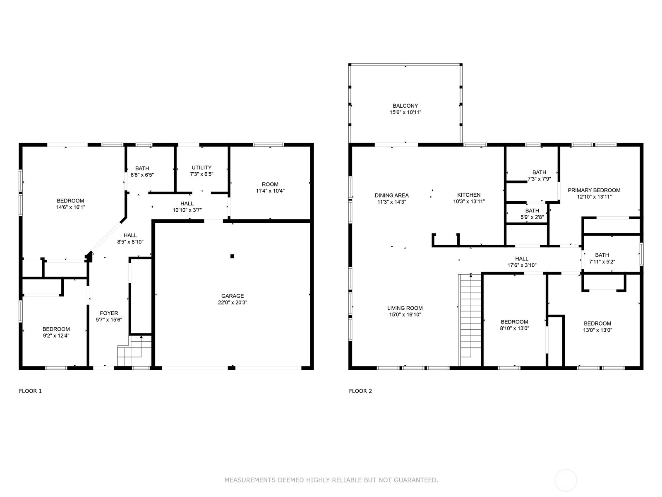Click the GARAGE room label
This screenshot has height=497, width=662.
[x=232, y=296]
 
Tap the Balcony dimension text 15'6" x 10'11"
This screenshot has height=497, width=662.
[x=405, y=112]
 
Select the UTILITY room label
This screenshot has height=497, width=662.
[x=201, y=167]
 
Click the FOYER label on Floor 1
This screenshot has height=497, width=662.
[x=109, y=313]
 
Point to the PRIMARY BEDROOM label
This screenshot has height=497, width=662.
[x=594, y=190]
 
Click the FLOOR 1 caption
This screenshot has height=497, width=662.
[x=30, y=391]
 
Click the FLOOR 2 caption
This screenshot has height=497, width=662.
[x=360, y=391]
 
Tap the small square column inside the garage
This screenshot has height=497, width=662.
[x=232, y=256]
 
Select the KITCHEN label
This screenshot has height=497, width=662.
[x=469, y=195]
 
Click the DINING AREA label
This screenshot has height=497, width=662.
[x=391, y=195]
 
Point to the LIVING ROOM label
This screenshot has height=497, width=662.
[x=405, y=308]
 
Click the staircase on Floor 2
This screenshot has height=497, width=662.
[x=470, y=319]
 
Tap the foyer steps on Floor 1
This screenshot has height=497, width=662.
[x=130, y=352]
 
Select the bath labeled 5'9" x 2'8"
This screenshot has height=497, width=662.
[x=532, y=214]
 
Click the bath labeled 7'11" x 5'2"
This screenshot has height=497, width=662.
[x=602, y=258]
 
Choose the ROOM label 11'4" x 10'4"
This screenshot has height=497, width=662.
[x=270, y=187]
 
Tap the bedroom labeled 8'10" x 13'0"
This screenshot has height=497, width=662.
[x=514, y=325]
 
